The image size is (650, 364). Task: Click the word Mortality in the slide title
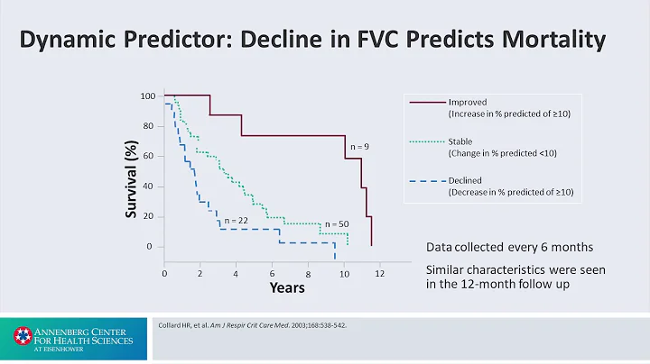(x=552, y=41)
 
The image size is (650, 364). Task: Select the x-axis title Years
(x=286, y=287)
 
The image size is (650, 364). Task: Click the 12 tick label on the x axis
(x=380, y=272)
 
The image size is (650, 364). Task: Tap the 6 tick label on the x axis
(x=272, y=272)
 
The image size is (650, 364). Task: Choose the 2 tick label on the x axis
(x=200, y=272)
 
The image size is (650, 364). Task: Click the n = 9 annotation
(x=358, y=146)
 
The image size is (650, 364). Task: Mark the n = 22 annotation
(x=237, y=220)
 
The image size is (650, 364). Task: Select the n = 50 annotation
(x=335, y=223)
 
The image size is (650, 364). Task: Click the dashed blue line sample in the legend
(x=423, y=180)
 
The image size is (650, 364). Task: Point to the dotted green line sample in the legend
(x=423, y=141)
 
